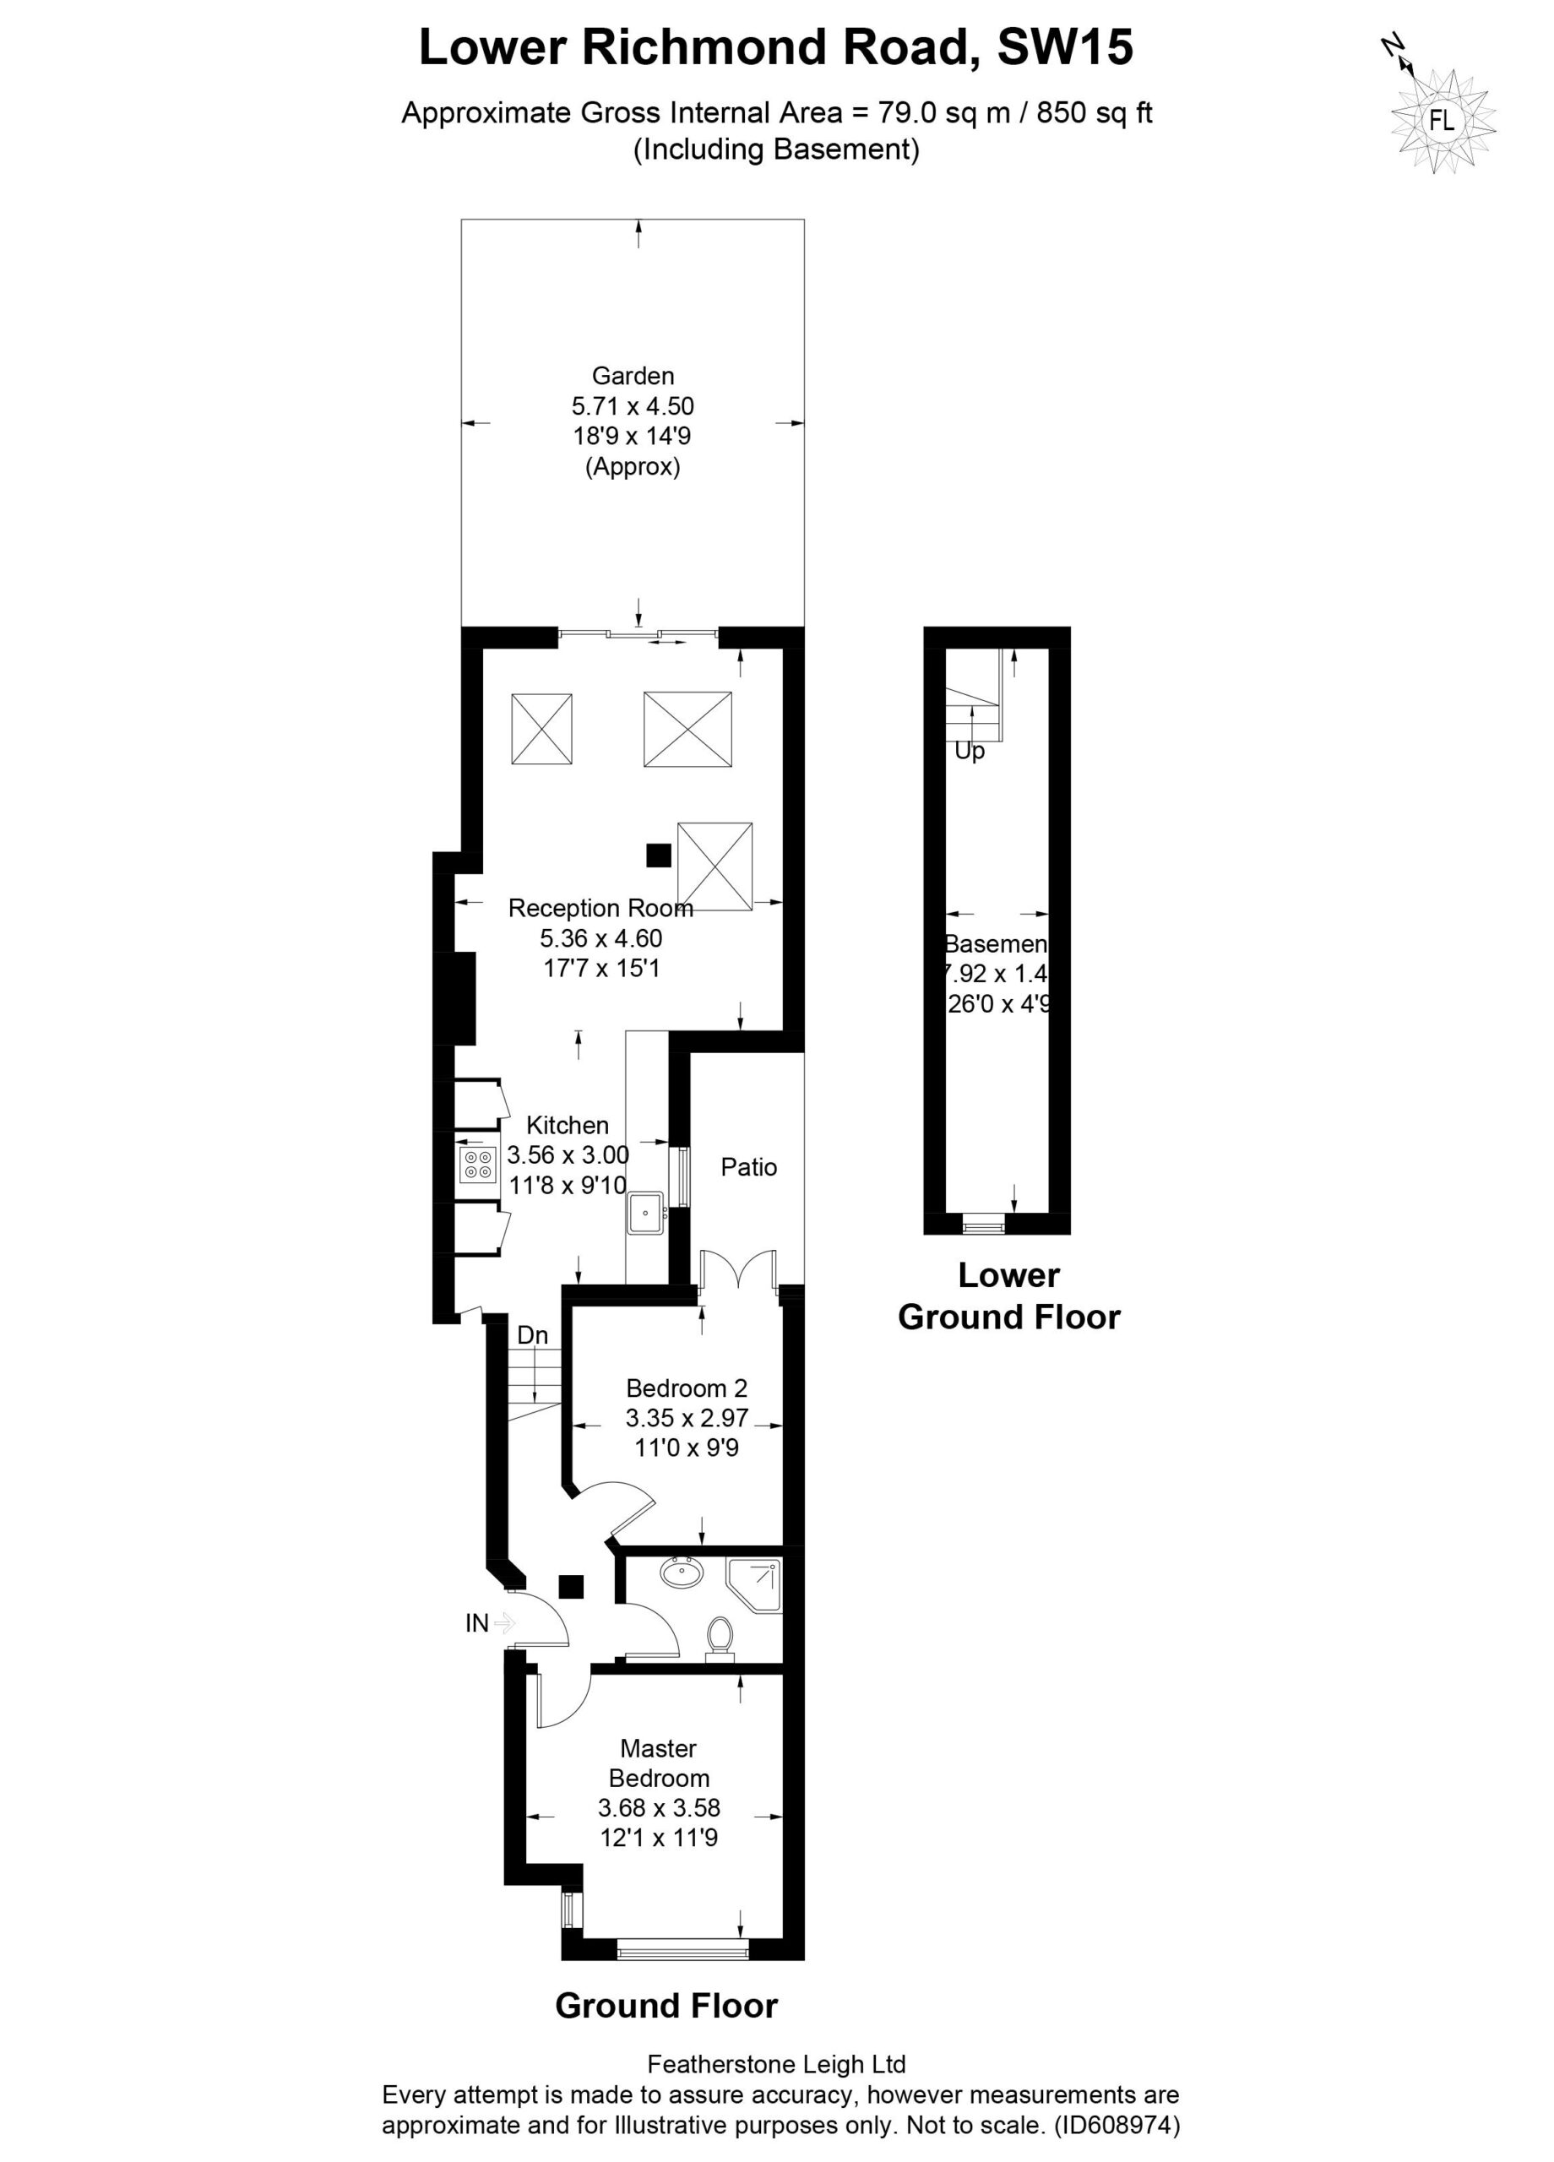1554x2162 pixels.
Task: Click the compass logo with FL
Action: [x=1442, y=120]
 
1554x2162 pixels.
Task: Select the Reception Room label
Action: [x=600, y=908]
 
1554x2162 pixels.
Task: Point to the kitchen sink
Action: [x=645, y=1213]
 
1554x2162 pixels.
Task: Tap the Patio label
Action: [x=748, y=1167]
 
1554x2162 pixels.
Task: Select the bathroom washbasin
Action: [x=682, y=1571]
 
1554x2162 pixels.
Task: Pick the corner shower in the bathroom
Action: [x=753, y=1584]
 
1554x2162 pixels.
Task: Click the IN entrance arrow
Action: [x=504, y=1622]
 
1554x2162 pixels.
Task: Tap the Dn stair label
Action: [x=532, y=1335]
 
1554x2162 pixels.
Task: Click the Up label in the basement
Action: [x=969, y=751]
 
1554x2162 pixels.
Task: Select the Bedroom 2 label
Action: [x=686, y=1388]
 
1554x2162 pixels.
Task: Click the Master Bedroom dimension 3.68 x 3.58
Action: [x=659, y=1807]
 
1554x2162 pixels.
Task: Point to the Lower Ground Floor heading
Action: [x=1008, y=1296]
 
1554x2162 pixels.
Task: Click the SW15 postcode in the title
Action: [x=1065, y=46]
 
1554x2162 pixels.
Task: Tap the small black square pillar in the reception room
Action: [x=658, y=855]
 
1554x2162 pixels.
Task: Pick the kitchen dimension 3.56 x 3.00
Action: [x=568, y=1155]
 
